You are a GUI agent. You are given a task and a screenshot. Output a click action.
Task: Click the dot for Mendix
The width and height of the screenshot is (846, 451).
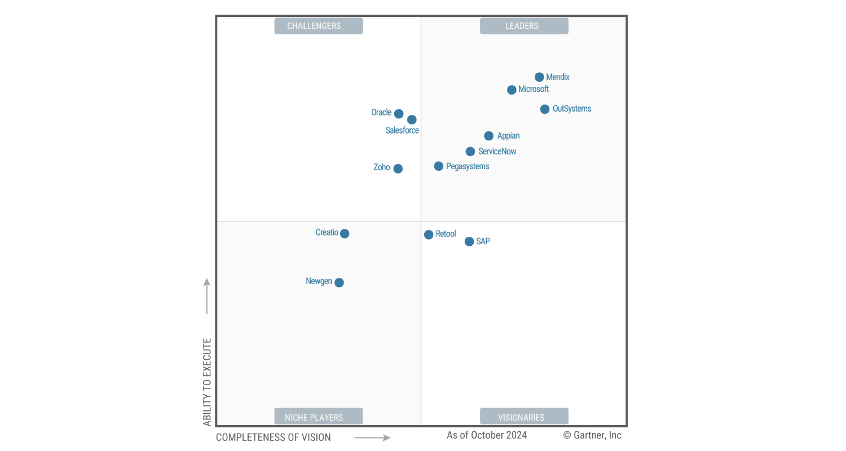tap(539, 77)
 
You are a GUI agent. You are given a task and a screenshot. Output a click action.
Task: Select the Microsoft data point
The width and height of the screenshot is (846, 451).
tap(512, 90)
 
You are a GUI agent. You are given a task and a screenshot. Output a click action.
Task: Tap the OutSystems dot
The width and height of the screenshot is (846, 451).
tap(545, 109)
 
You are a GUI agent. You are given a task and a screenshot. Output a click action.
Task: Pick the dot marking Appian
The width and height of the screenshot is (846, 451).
tap(489, 136)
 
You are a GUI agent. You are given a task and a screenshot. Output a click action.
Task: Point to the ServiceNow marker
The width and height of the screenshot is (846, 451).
tap(470, 152)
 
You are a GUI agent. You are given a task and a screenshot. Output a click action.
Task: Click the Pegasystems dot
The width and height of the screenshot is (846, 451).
tap(439, 166)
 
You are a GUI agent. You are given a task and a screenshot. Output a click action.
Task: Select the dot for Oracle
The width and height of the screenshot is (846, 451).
tap(399, 114)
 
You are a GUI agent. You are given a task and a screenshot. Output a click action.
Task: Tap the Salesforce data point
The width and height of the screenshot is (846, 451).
tap(412, 120)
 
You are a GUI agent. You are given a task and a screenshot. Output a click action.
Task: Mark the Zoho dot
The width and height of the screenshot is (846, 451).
tap(398, 169)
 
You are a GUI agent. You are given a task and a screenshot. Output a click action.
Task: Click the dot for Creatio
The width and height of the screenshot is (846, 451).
tap(345, 233)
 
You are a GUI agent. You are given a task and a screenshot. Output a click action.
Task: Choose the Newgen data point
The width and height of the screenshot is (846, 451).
tap(339, 282)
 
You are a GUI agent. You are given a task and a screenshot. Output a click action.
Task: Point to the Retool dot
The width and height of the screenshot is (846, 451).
tap(429, 235)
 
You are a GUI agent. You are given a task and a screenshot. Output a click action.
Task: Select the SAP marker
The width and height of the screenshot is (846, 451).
tap(469, 242)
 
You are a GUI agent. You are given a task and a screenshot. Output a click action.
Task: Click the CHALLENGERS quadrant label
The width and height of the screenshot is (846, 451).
tap(319, 26)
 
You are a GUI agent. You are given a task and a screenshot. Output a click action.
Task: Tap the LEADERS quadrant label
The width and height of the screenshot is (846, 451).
tap(524, 26)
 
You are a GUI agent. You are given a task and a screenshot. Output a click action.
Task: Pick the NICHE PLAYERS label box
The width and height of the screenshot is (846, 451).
tap(319, 417)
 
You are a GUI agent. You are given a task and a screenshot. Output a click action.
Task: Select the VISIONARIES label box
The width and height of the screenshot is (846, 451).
tap(524, 417)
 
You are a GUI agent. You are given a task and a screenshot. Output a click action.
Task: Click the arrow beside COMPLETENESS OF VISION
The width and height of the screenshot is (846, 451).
tap(372, 437)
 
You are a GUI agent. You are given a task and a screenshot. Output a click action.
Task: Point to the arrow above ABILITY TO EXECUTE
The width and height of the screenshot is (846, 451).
tap(207, 296)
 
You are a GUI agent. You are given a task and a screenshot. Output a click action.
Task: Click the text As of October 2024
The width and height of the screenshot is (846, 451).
tap(487, 435)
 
